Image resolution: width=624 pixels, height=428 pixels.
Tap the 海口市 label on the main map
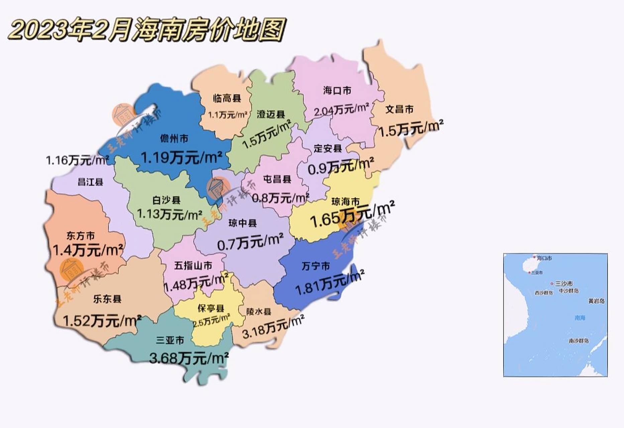coord(337,90)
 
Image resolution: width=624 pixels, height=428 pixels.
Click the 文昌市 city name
coord(399,109)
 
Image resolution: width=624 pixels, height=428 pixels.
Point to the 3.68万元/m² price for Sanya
coord(189,358)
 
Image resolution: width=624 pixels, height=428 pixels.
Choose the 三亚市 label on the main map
coord(170,340)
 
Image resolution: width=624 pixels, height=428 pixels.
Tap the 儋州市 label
coord(174,138)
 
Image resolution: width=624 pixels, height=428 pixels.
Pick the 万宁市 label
coord(316,266)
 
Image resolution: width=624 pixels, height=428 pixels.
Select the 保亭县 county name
coord(211,308)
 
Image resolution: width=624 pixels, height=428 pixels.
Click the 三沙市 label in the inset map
coord(564,284)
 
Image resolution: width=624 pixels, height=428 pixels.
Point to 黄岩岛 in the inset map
coord(596,301)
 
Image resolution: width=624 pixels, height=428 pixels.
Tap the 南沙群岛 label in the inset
coord(579,341)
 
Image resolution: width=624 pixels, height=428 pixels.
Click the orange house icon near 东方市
coord(72,270)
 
